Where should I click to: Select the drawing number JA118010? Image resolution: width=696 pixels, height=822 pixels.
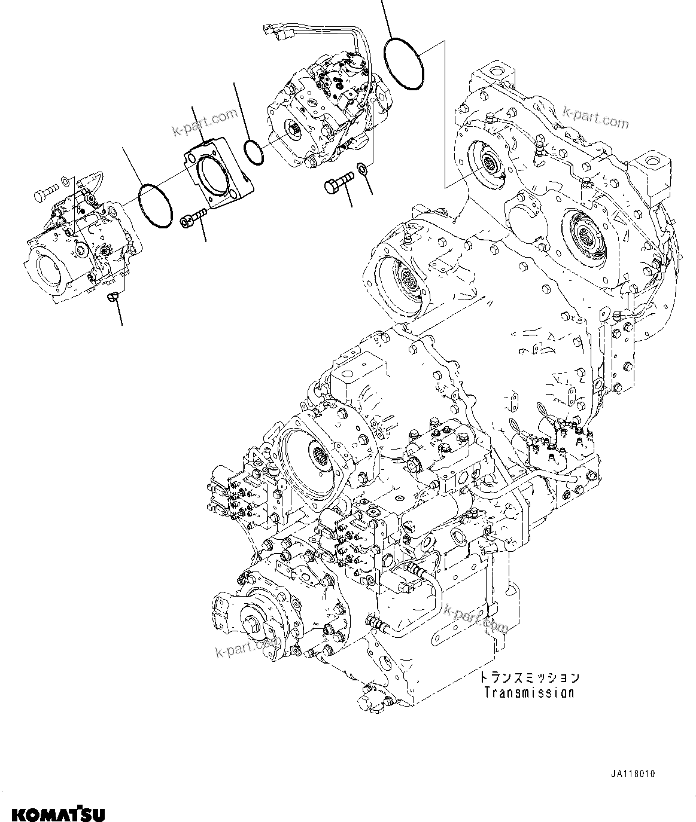pyautogui.click(x=633, y=774)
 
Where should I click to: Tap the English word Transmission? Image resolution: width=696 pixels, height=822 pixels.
pyautogui.click(x=529, y=693)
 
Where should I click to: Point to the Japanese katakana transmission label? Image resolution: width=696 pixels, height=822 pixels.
pyautogui.click(x=529, y=677)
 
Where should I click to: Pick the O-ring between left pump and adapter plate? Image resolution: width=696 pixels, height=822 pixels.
pyautogui.click(x=155, y=206)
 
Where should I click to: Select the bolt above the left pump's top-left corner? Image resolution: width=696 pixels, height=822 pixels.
pyautogui.click(x=45, y=192)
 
